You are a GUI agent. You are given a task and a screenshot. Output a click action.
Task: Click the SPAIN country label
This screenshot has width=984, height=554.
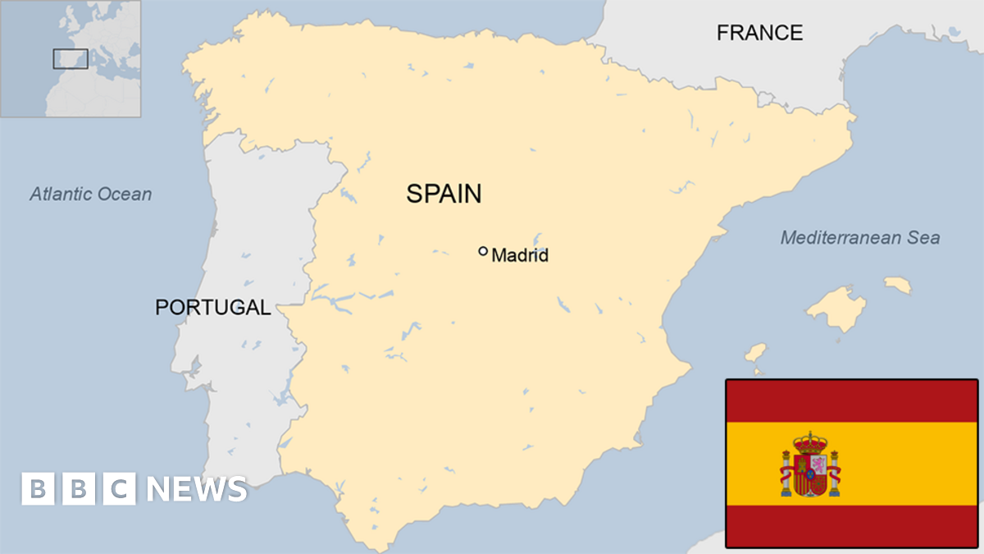444,194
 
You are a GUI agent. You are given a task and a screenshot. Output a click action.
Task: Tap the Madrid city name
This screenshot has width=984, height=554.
520,256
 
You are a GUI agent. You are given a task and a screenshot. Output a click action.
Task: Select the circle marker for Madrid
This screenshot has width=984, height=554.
483,251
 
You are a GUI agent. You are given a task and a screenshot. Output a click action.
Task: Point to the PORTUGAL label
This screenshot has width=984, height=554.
213,308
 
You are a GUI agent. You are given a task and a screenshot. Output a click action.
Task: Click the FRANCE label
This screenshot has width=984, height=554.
759,33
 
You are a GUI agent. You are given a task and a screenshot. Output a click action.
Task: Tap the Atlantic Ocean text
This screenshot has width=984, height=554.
91,195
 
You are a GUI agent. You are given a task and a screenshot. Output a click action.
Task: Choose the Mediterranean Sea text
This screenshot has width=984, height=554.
859,238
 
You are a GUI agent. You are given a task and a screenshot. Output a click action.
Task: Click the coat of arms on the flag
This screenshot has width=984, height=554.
810,465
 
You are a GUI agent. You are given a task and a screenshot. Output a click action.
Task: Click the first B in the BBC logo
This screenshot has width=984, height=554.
37,489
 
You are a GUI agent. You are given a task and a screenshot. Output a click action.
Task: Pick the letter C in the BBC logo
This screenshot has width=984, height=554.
120,489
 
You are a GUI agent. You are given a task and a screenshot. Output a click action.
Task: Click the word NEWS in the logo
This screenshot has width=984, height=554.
197,489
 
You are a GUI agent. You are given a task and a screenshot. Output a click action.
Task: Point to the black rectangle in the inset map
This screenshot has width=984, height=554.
71,58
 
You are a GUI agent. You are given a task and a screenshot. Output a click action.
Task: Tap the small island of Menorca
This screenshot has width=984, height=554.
898,285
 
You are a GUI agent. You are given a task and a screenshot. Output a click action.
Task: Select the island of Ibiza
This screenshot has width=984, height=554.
755,354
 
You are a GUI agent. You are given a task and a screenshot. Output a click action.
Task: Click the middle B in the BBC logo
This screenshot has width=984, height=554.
79,489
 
